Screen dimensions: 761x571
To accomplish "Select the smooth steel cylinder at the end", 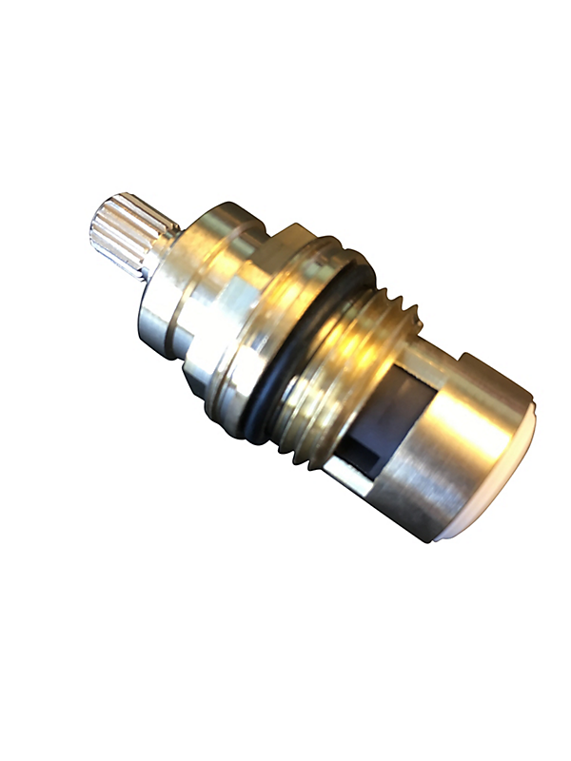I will click(x=457, y=447).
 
